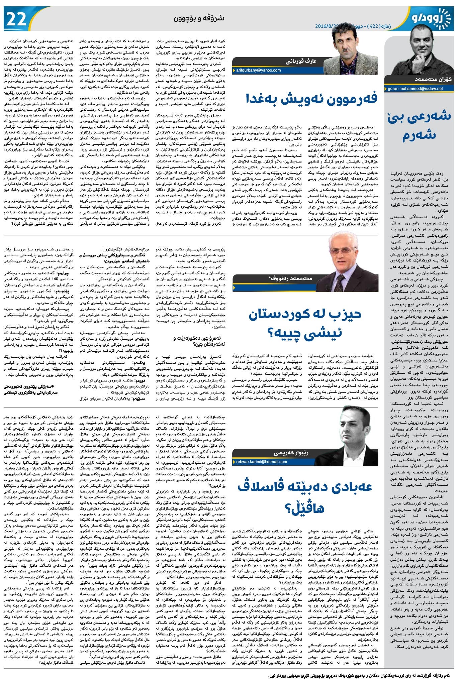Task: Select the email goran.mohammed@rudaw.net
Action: tap(415, 89)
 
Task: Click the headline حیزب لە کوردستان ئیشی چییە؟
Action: tap(305, 323)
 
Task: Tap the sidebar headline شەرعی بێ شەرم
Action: tap(420, 126)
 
